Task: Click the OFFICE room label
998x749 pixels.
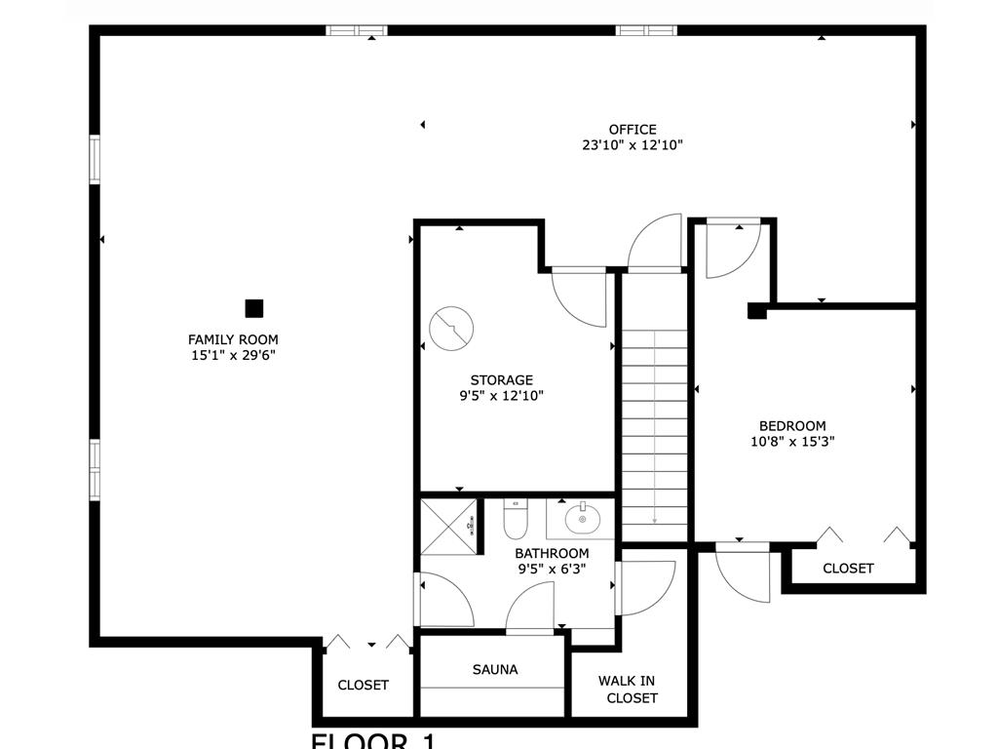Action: point(633,129)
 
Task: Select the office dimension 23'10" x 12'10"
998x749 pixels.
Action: point(633,145)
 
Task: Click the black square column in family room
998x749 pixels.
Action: point(254,308)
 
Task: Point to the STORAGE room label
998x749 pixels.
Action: point(502,379)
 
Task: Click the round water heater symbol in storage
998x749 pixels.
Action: point(451,329)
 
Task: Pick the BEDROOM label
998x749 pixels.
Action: point(792,425)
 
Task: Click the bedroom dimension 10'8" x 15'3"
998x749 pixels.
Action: point(792,441)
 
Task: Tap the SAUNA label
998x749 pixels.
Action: point(495,669)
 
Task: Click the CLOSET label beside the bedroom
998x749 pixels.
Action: point(848,568)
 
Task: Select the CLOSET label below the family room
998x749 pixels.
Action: point(363,685)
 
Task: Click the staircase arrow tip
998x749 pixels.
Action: point(654,522)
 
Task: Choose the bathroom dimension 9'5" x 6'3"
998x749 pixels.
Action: point(551,568)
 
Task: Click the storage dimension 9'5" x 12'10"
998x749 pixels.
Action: point(502,396)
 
